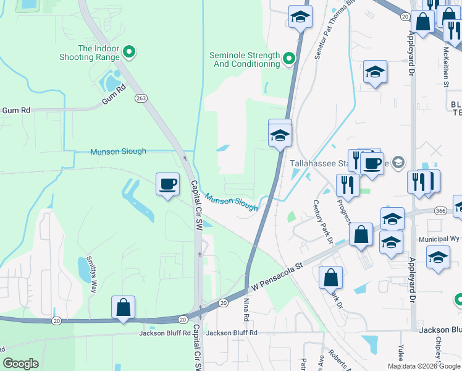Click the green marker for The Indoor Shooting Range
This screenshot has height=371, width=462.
129,53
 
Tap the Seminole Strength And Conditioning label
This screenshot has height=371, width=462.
245,59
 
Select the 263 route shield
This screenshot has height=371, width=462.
141,97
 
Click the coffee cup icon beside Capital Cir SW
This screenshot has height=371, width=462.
167,184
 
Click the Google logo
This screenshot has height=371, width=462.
21,364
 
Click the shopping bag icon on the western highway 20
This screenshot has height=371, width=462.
123,307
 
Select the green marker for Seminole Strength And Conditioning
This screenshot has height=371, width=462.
289,59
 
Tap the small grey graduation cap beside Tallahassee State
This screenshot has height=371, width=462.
398,163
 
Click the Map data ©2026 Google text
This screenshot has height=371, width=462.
423,366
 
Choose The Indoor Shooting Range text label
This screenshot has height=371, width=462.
89,53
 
